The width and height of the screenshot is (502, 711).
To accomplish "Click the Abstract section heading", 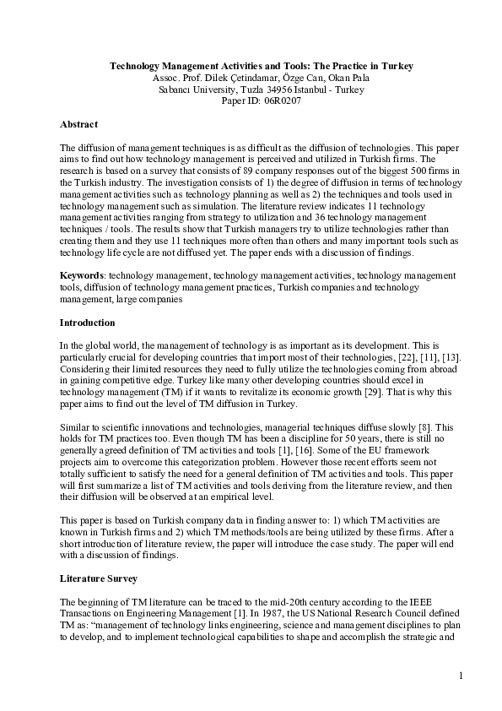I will click(78, 124).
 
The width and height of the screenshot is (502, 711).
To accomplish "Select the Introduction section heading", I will click(88, 323).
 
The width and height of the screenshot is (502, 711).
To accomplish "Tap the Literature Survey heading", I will click(96, 581).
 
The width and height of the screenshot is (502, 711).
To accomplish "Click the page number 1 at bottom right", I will click(462, 675).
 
